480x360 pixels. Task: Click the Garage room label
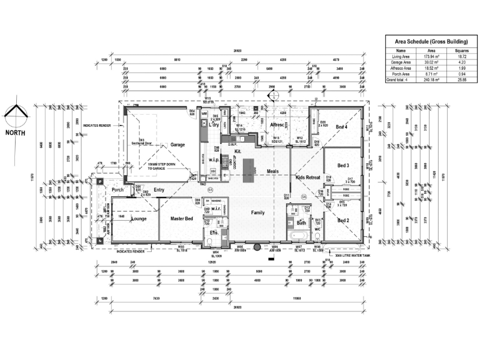(177, 145)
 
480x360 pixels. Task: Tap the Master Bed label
(181, 220)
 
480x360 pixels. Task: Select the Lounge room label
(139, 220)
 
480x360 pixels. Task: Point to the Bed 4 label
(342, 127)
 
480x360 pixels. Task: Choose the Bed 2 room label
(343, 220)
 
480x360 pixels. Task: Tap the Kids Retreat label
(308, 178)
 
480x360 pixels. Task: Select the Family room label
(258, 212)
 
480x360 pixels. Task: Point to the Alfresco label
(277, 125)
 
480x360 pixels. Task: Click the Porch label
(117, 190)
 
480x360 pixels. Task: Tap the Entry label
(159, 190)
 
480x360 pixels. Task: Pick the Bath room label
(302, 223)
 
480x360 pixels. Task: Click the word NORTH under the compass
(16, 133)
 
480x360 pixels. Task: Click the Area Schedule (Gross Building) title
(427, 41)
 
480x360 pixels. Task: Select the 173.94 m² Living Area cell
(432, 56)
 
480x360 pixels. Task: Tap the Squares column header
(461, 50)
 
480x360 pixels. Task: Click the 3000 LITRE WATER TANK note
(350, 255)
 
